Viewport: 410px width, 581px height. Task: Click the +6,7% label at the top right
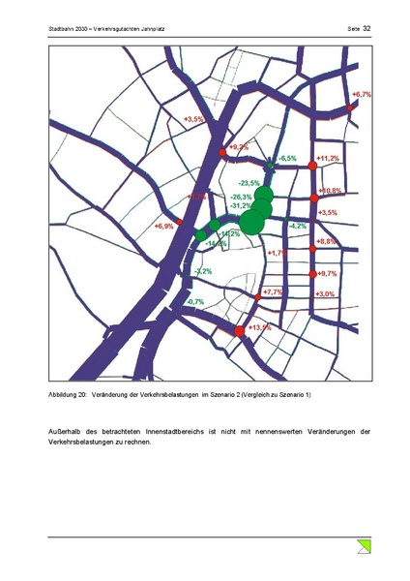[x=362, y=94]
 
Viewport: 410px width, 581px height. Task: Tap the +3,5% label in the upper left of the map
[x=193, y=119]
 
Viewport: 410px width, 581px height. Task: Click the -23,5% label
[x=249, y=183]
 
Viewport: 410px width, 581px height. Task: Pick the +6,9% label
[x=163, y=226]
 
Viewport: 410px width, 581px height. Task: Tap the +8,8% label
[x=327, y=240]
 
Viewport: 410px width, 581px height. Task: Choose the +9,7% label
[x=327, y=274]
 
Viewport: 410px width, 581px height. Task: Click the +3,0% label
[x=325, y=293]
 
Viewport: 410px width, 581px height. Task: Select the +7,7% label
[x=272, y=291]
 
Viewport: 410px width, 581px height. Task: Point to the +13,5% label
[x=259, y=327]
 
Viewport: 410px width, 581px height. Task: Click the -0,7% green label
[x=194, y=302]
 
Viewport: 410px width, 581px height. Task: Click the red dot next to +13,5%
[x=239, y=332]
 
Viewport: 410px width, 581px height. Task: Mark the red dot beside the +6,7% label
[x=351, y=107]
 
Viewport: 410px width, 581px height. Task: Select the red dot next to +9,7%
[x=312, y=275]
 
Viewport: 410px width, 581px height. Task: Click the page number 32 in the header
[x=367, y=30]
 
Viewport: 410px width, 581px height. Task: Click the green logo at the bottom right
[x=365, y=547]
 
